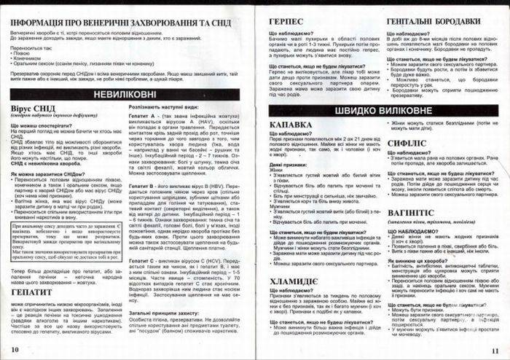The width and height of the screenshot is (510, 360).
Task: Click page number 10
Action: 15,351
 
